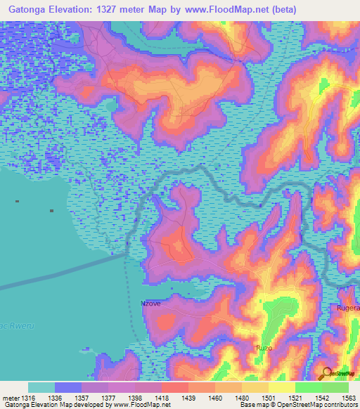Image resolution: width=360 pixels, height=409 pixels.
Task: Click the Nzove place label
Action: [x=151, y=304]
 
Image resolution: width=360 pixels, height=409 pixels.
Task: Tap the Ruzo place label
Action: [x=263, y=348]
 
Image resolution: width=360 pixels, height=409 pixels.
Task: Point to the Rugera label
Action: [x=349, y=308]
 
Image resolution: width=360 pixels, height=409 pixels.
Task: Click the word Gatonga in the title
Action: [x=27, y=10]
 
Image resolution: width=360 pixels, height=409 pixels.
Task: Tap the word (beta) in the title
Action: [x=280, y=10]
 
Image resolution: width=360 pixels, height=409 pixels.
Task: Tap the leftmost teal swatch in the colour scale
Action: [x=41, y=387]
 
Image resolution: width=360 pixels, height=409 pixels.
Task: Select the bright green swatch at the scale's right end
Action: [x=335, y=387]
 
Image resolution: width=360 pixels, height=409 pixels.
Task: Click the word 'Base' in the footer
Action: [x=246, y=405]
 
